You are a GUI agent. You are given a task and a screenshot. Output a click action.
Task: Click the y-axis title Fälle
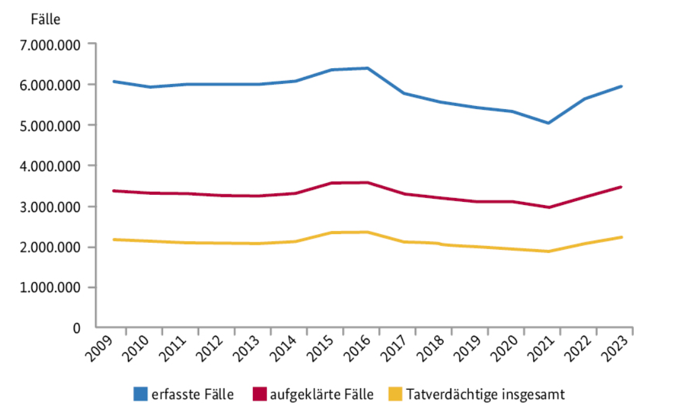[45, 19]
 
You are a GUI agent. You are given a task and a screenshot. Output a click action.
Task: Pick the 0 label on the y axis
[76, 328]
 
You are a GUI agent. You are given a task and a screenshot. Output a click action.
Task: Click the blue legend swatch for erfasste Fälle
[141, 395]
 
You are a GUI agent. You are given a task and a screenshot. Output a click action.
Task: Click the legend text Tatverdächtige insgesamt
[485, 395]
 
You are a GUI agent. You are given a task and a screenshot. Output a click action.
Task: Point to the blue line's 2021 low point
[549, 123]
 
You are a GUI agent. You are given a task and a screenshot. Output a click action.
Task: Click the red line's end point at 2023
[621, 187]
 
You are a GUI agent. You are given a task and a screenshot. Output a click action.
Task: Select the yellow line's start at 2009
[114, 240]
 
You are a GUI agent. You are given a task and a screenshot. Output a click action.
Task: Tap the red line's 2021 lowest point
[549, 208]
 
